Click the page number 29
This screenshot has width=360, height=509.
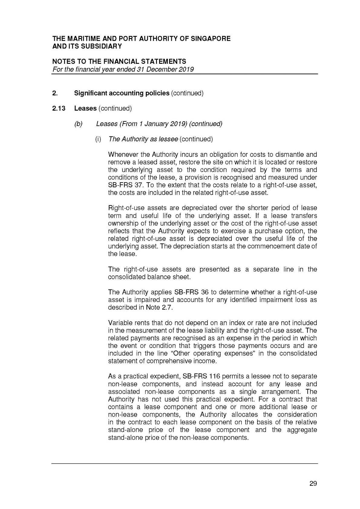[x=313, y=483]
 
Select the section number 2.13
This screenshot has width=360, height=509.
[x=59, y=108]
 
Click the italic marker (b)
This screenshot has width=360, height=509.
[x=78, y=124]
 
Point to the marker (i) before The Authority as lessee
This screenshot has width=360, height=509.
[x=98, y=139]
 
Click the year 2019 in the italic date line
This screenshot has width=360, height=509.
[x=186, y=69]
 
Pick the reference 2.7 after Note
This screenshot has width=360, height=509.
[x=167, y=307]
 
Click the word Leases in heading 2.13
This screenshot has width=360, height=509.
[x=85, y=108]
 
